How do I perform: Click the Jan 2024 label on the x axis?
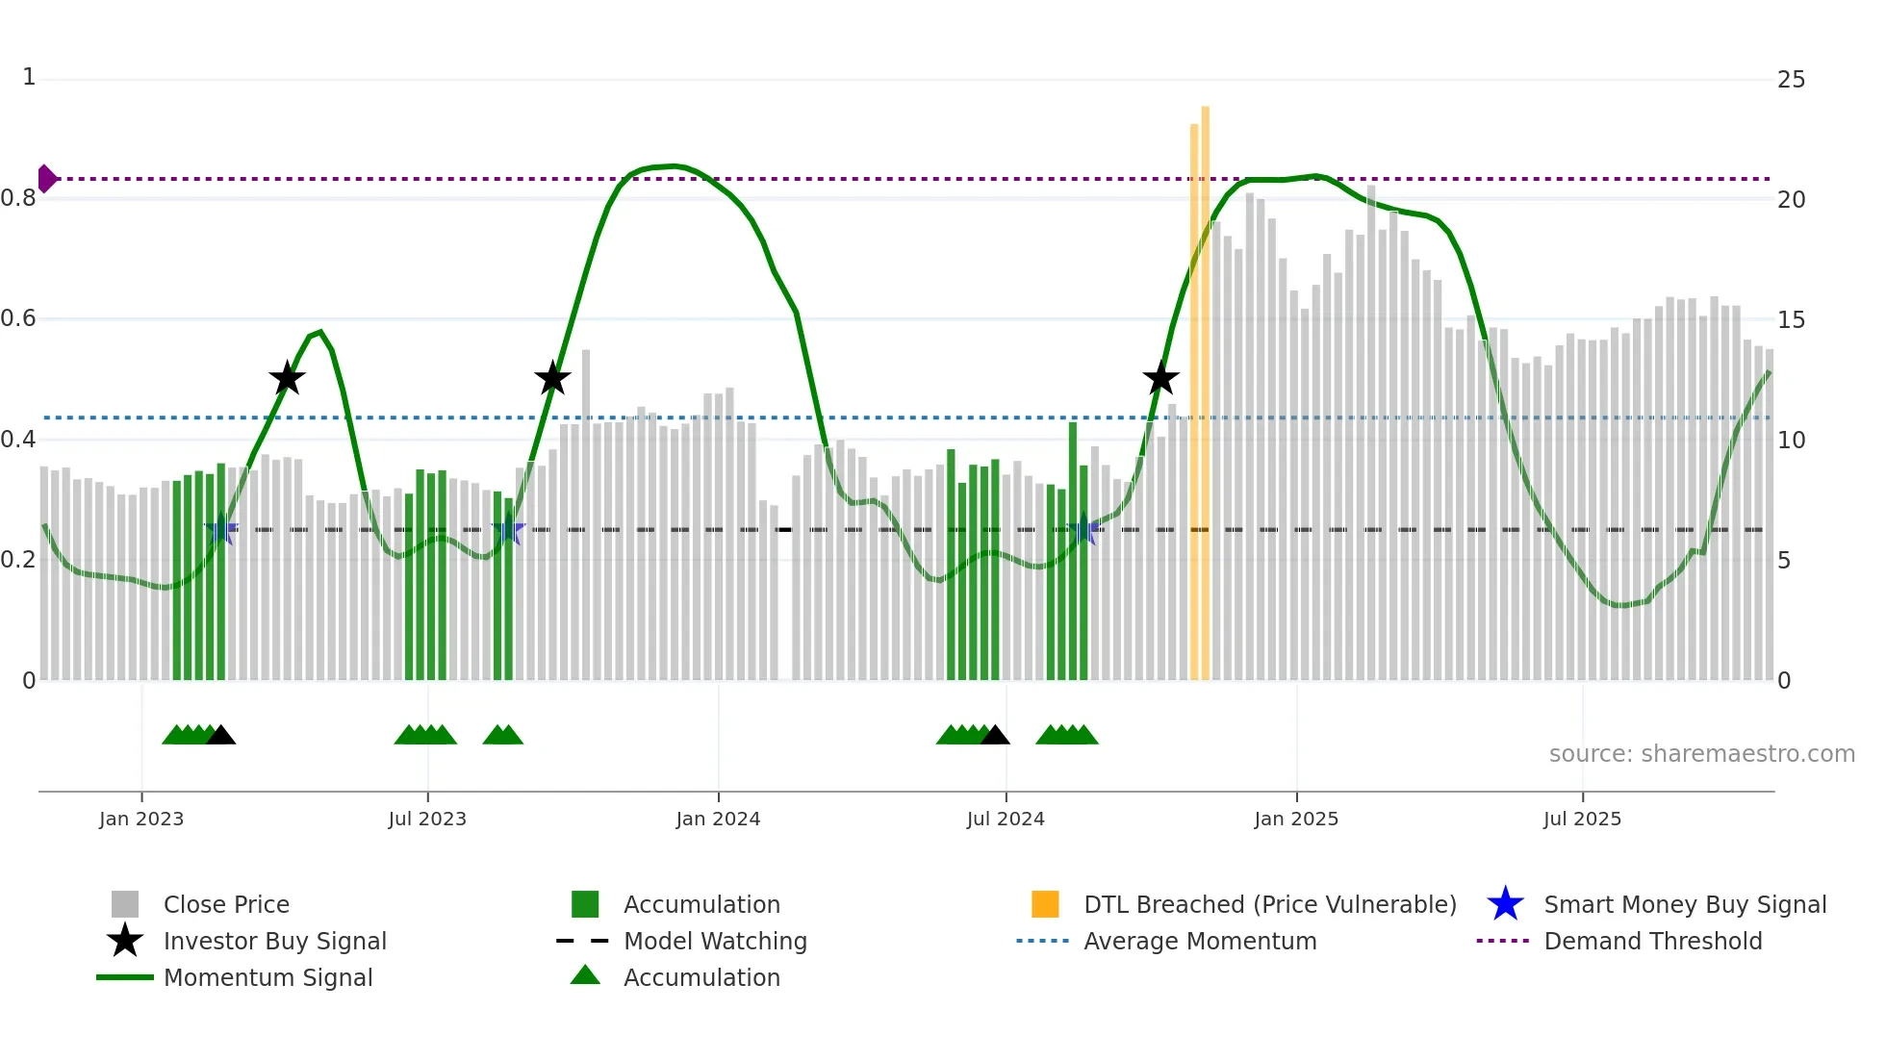(x=718, y=820)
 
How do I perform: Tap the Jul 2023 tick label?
(x=427, y=820)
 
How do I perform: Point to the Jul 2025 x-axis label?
(x=1582, y=820)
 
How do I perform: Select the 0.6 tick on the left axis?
(x=19, y=318)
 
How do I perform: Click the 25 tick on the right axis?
(x=1791, y=80)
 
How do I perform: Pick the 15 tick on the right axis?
(x=1791, y=320)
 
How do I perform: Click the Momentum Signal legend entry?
(x=268, y=978)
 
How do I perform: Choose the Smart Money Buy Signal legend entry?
(x=1685, y=905)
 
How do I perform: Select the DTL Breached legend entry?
(x=1269, y=905)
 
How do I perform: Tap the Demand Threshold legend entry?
(x=1652, y=942)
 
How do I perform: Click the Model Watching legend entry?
(x=715, y=942)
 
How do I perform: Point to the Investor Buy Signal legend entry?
(x=274, y=942)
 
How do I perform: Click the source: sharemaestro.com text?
(x=1701, y=754)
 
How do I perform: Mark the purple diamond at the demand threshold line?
(x=46, y=179)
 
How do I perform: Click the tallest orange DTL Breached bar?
(x=1205, y=385)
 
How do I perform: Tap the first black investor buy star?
(x=287, y=379)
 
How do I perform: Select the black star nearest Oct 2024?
(x=1160, y=379)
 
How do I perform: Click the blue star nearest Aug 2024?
(x=1083, y=529)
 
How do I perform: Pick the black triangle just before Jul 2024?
(x=995, y=736)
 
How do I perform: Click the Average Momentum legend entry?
(x=1199, y=942)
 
